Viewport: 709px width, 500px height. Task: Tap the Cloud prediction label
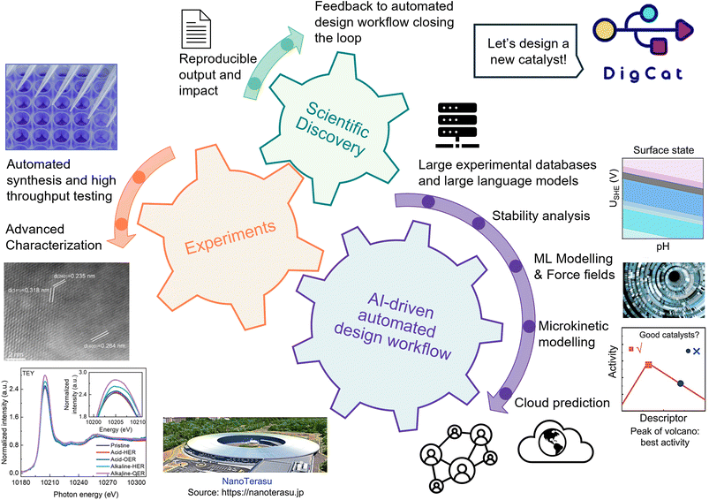point(562,403)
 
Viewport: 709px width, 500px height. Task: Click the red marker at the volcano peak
point(649,364)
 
